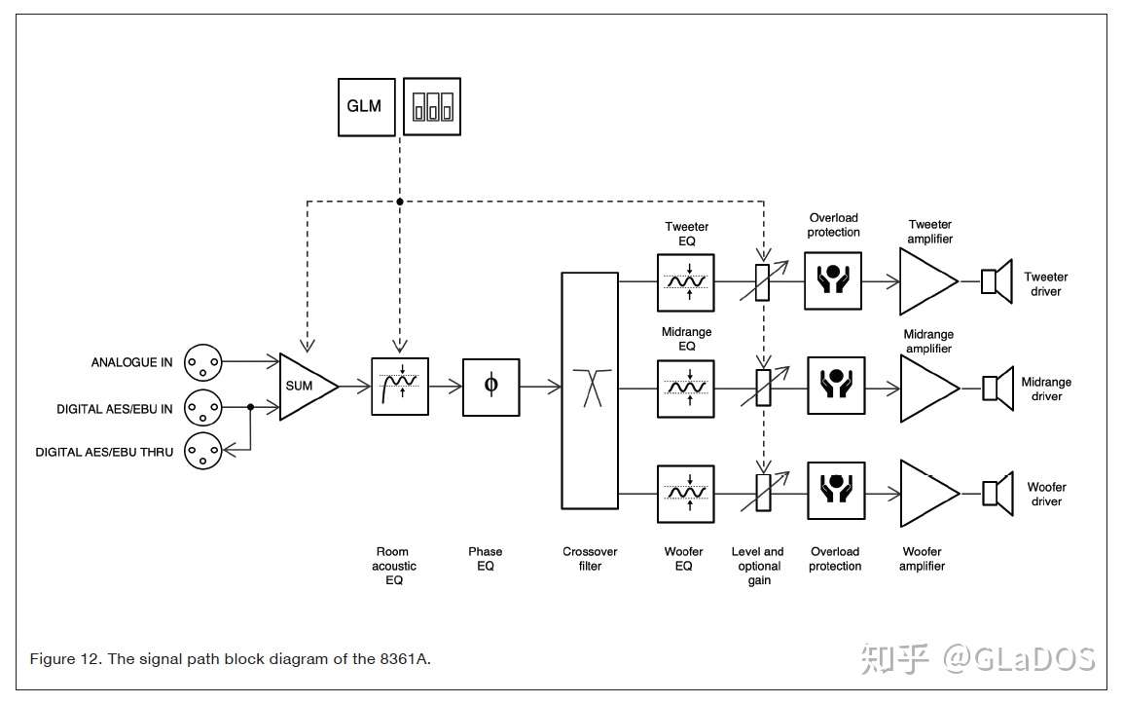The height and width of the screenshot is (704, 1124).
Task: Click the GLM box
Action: click(366, 105)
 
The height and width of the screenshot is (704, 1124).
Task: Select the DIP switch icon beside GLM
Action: click(432, 105)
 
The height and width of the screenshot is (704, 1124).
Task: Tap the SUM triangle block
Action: click(304, 387)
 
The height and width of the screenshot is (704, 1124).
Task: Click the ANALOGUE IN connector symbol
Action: click(203, 362)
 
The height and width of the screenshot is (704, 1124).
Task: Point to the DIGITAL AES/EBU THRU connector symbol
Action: click(203, 451)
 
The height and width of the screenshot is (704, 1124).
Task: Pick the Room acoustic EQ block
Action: click(400, 387)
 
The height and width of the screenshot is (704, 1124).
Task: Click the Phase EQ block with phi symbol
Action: click(490, 387)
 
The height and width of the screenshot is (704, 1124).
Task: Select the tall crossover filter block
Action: click(590, 389)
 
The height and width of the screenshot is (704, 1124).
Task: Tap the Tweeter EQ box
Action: click(686, 282)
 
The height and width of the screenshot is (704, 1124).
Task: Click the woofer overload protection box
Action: click(835, 493)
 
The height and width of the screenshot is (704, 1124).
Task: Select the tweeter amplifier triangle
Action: click(926, 281)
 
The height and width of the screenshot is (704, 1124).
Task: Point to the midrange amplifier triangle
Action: click(926, 388)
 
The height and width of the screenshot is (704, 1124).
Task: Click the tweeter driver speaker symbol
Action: click(993, 281)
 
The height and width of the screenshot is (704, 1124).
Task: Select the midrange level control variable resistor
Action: click(764, 389)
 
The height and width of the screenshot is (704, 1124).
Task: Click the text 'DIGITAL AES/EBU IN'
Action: click(115, 409)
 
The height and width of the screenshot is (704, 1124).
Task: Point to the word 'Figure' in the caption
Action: click(49, 659)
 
